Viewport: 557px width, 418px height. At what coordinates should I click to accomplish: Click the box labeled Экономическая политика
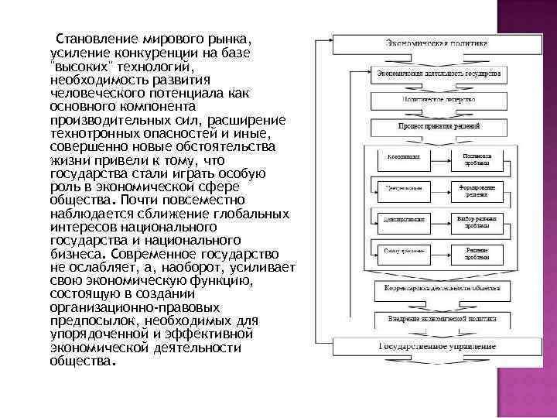[437, 43]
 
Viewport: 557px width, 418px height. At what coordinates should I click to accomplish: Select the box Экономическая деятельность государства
[437, 74]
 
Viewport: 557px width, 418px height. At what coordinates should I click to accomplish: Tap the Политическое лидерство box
[438, 100]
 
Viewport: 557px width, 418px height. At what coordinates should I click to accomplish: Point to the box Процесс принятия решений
[438, 125]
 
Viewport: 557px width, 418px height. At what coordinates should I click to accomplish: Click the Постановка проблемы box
[476, 159]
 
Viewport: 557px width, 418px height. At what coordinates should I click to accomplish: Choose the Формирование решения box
[476, 189]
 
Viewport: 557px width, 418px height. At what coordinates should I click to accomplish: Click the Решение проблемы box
[476, 252]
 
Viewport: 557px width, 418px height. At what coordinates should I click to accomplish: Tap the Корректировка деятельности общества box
[438, 289]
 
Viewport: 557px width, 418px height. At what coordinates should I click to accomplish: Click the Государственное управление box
[437, 346]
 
